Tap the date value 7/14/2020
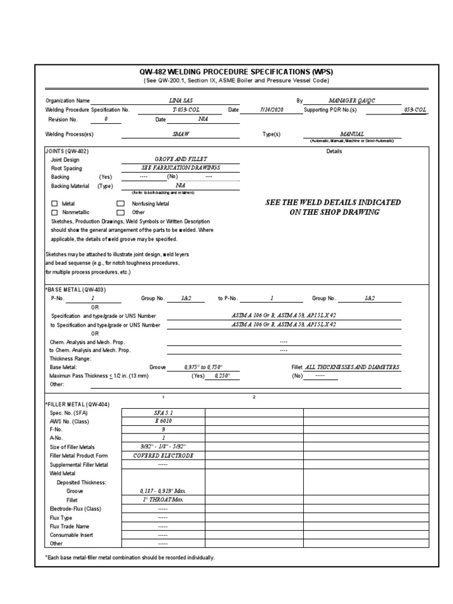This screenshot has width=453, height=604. [x=272, y=110]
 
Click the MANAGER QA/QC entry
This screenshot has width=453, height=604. [x=351, y=101]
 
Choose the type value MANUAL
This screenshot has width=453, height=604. [x=352, y=134]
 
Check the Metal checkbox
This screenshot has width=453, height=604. [x=55, y=203]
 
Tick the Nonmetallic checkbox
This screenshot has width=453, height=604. [x=55, y=212]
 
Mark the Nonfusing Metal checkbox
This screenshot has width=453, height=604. [x=120, y=203]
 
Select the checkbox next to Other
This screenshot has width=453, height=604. [x=120, y=212]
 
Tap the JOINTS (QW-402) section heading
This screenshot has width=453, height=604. [x=68, y=151]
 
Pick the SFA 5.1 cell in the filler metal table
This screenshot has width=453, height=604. [x=163, y=412]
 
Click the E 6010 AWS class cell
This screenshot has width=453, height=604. [x=163, y=421]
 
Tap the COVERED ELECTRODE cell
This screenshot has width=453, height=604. [x=163, y=455]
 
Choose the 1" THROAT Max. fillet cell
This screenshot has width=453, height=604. [x=163, y=499]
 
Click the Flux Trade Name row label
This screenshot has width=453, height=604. [x=70, y=526]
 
